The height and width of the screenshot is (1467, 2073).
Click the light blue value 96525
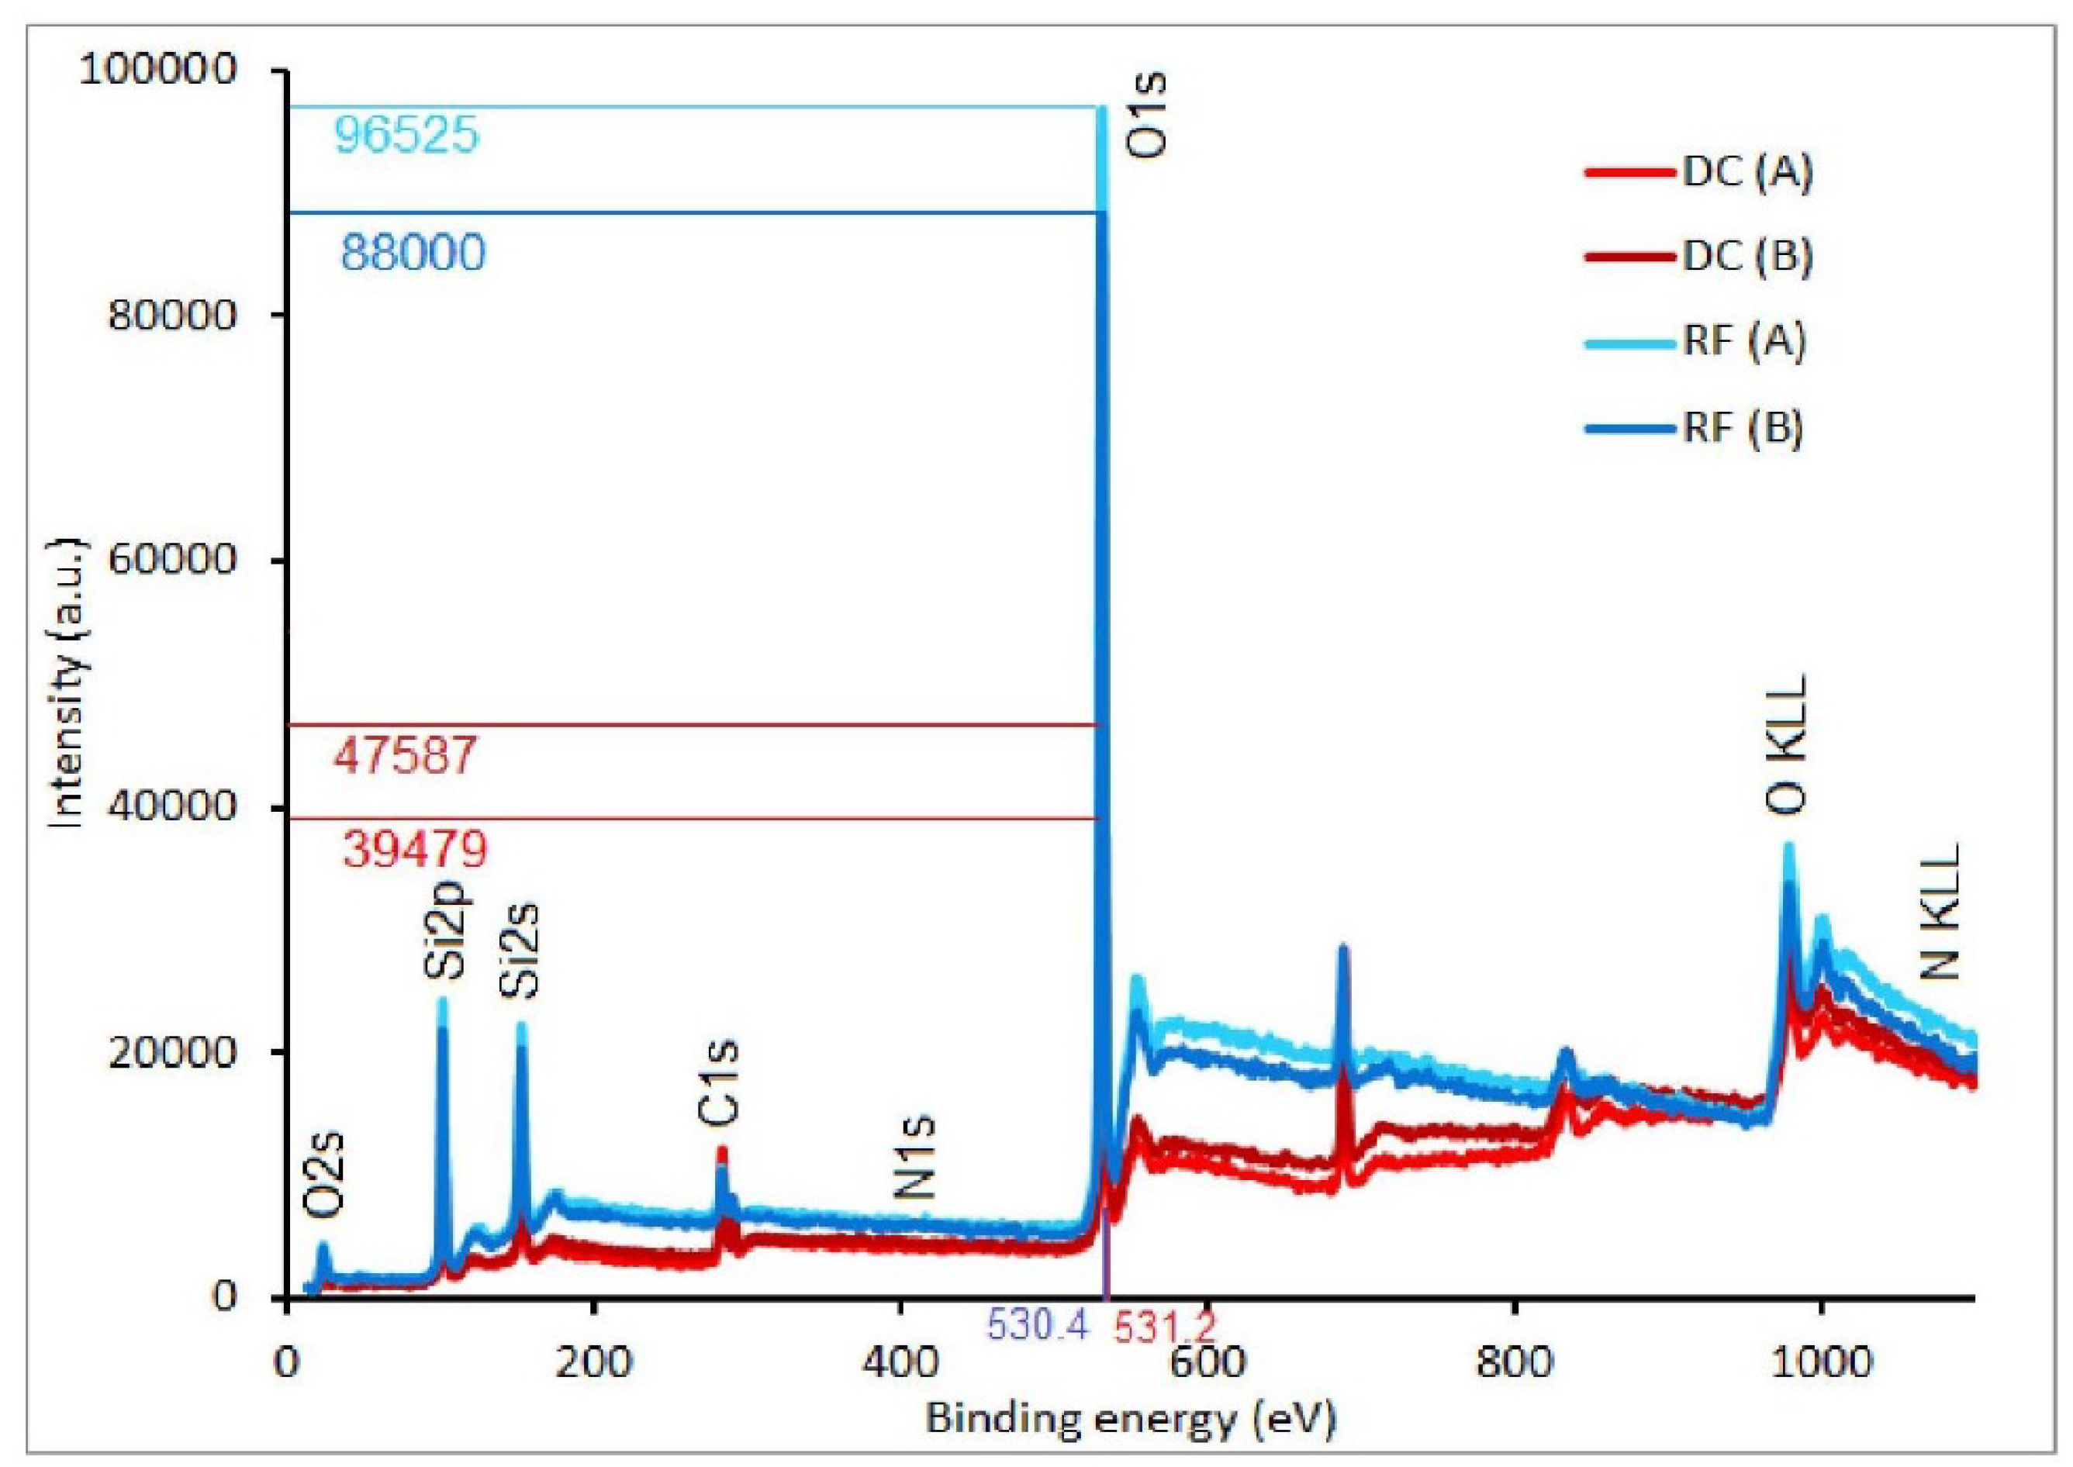tap(406, 136)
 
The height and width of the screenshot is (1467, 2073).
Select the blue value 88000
tap(413, 253)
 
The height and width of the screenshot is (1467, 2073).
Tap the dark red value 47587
tap(404, 755)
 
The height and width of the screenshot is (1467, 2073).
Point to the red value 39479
tap(415, 849)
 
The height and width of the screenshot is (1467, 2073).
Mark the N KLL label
tap(1940, 913)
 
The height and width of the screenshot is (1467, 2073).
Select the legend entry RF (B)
tap(1742, 428)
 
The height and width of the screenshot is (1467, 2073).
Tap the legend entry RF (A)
tap(1743, 343)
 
